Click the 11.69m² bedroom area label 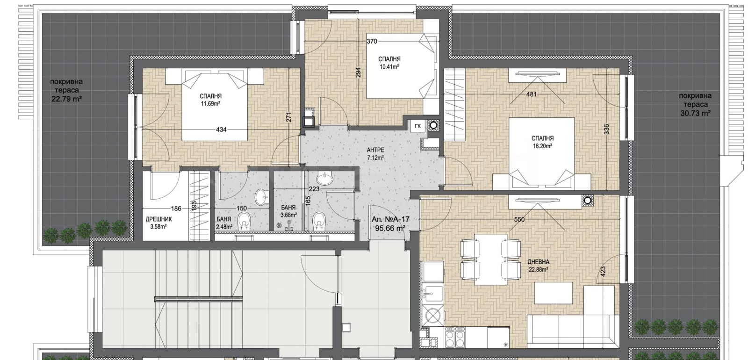click(x=210, y=104)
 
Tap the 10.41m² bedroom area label click(x=389, y=67)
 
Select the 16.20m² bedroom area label click(x=542, y=146)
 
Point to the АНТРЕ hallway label click(x=375, y=150)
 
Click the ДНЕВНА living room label click(x=539, y=262)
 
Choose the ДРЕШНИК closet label click(x=158, y=219)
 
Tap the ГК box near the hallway click(x=418, y=126)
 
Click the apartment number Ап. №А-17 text click(x=390, y=219)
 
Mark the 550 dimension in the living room click(x=519, y=219)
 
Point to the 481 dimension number click(x=531, y=94)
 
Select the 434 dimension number click(x=221, y=130)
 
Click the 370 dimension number click(x=372, y=42)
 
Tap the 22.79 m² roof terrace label click(x=67, y=99)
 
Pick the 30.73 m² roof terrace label click(x=695, y=114)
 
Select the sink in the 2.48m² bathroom click(x=261, y=197)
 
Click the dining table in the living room click(x=490, y=259)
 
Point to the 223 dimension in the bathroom click(x=314, y=189)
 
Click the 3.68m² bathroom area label click(x=289, y=216)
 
